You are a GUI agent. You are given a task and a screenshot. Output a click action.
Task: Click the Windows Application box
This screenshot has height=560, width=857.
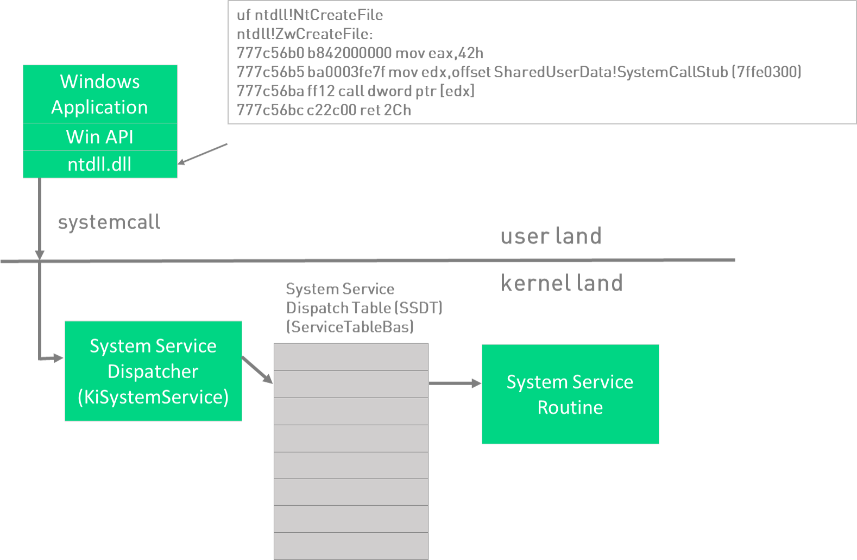pos(100,94)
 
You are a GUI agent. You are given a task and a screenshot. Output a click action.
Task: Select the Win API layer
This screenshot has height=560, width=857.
pos(100,137)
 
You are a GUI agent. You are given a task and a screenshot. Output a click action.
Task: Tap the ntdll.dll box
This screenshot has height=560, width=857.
pos(100,164)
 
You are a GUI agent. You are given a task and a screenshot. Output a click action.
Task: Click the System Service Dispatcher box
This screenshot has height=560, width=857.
pos(153,371)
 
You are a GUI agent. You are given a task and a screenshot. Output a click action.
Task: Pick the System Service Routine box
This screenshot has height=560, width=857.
pos(570,394)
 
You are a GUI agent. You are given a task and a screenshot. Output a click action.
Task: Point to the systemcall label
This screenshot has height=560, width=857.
pos(109,222)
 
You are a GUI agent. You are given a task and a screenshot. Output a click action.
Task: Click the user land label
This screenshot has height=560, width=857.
pos(551,236)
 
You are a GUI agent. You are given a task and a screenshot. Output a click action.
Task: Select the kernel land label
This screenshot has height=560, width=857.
pos(562,283)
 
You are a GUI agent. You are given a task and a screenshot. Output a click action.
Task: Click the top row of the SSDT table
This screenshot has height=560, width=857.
pos(351,357)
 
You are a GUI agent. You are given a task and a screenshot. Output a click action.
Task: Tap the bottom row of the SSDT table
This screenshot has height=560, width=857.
pos(351,545)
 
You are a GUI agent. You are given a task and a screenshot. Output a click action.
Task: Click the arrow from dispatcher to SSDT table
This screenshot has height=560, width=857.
pos(257,370)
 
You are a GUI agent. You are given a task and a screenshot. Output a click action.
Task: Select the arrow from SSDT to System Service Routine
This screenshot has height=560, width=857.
pos(455,383)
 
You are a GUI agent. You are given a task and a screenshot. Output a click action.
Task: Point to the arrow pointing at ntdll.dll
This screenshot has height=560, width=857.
pos(202,154)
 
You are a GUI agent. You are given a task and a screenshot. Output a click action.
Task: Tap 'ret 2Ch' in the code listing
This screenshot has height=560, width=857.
pos(385,110)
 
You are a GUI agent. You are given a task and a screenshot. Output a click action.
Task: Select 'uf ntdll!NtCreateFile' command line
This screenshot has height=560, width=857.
pos(310,15)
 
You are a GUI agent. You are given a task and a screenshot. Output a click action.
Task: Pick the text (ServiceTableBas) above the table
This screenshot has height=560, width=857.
pos(350,326)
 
